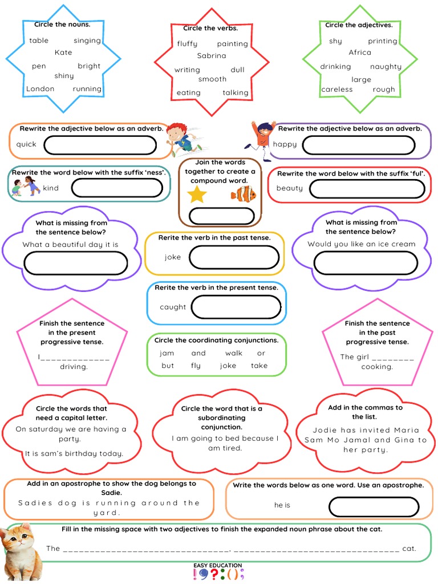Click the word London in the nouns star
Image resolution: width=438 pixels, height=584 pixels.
[40, 89]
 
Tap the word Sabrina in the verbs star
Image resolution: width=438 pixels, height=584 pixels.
[212, 56]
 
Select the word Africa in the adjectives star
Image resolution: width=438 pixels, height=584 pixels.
[360, 52]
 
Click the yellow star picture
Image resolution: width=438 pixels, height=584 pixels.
[197, 194]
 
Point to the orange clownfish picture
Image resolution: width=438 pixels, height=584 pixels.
[244, 194]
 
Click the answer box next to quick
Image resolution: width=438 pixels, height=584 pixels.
[100, 145]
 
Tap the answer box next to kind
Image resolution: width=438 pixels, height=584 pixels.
[117, 188]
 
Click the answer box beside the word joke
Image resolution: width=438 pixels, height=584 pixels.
[236, 257]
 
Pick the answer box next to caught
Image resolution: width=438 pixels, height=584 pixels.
[236, 307]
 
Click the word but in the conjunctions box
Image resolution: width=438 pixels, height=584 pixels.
[168, 366]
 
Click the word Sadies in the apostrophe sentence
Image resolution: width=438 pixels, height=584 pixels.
[35, 503]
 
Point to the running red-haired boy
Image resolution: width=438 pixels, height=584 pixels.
[182, 140]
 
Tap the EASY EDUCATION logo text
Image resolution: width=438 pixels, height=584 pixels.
[217, 565]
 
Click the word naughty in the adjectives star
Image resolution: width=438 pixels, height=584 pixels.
[386, 67]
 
